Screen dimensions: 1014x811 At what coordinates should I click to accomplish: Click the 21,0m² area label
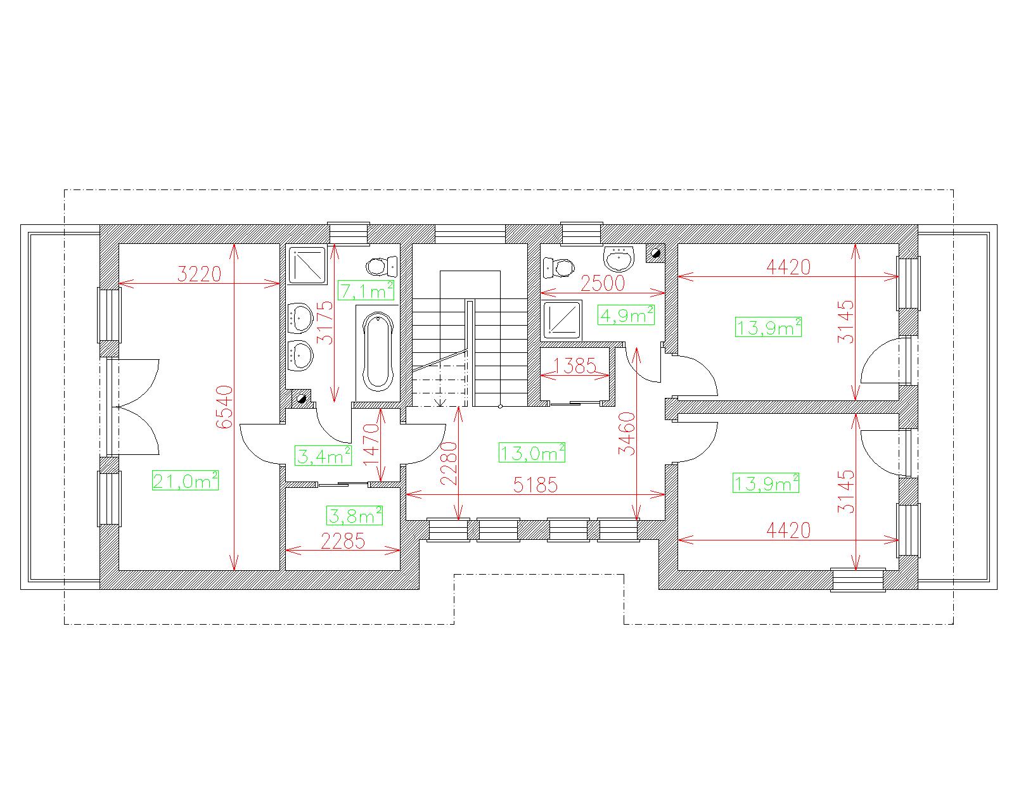[x=185, y=481]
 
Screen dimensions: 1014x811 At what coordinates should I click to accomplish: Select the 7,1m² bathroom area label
[x=366, y=290]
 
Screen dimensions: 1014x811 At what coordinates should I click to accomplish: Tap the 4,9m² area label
[x=626, y=316]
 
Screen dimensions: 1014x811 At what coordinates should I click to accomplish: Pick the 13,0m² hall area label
[x=532, y=453]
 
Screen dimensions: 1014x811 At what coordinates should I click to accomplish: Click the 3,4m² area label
[x=323, y=456]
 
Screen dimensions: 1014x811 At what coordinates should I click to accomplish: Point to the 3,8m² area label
[x=354, y=516]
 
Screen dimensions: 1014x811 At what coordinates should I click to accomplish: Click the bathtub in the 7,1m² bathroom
[x=378, y=352]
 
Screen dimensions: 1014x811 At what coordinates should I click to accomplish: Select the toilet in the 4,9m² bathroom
[x=559, y=267]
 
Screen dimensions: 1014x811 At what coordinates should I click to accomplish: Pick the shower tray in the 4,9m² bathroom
[x=562, y=320]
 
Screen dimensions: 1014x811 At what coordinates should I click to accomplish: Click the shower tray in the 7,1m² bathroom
[x=307, y=265]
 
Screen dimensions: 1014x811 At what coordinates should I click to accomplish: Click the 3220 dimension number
[x=199, y=274]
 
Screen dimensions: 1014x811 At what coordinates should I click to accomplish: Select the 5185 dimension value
[x=536, y=485]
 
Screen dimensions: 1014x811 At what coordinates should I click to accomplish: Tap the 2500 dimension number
[x=603, y=283]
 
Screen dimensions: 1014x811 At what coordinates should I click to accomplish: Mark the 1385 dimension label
[x=575, y=365]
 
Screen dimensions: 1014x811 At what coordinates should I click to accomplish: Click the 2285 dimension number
[x=343, y=541]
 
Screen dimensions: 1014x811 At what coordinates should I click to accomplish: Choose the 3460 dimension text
[x=627, y=433]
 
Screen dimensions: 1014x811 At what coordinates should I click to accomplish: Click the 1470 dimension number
[x=371, y=445]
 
